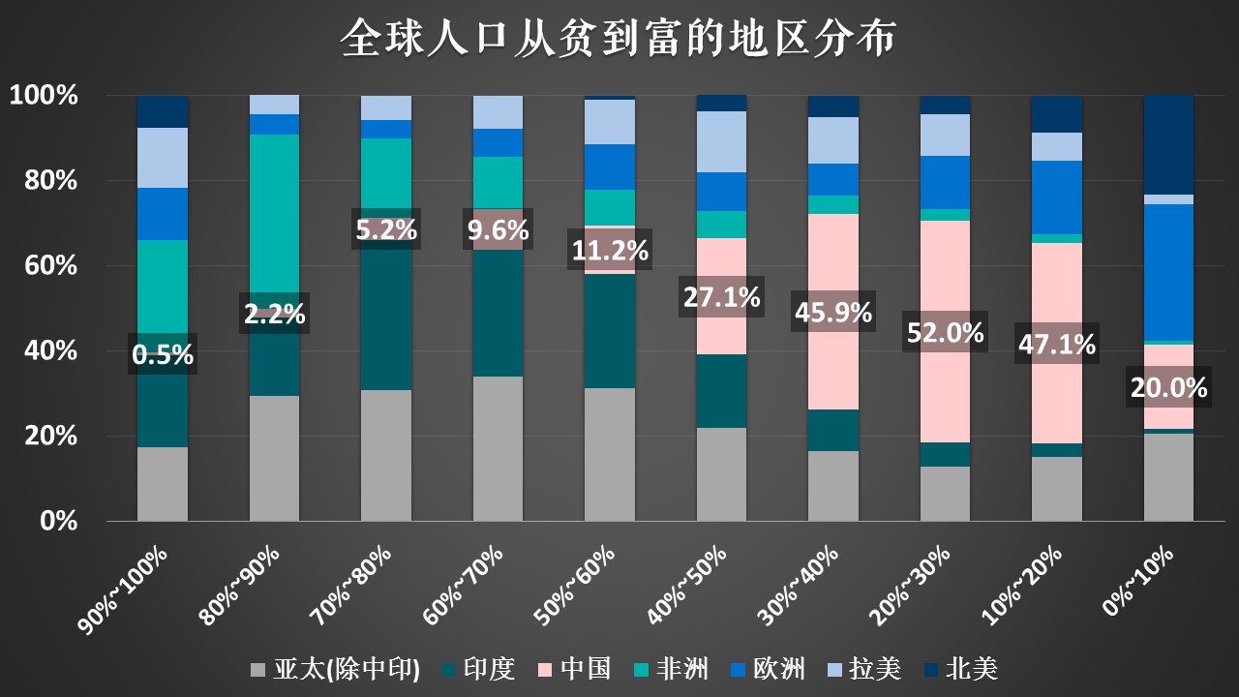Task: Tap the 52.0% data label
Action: (x=945, y=332)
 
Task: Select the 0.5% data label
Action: (x=163, y=355)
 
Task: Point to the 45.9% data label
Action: (x=832, y=313)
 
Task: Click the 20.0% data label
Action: (x=1168, y=388)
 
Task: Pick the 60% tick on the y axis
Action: (x=43, y=265)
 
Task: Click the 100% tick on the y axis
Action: (x=43, y=95)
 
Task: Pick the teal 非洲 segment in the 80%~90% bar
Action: (x=275, y=213)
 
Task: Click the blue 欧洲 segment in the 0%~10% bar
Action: (x=1168, y=272)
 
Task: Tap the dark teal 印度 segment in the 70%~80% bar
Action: (x=386, y=319)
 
